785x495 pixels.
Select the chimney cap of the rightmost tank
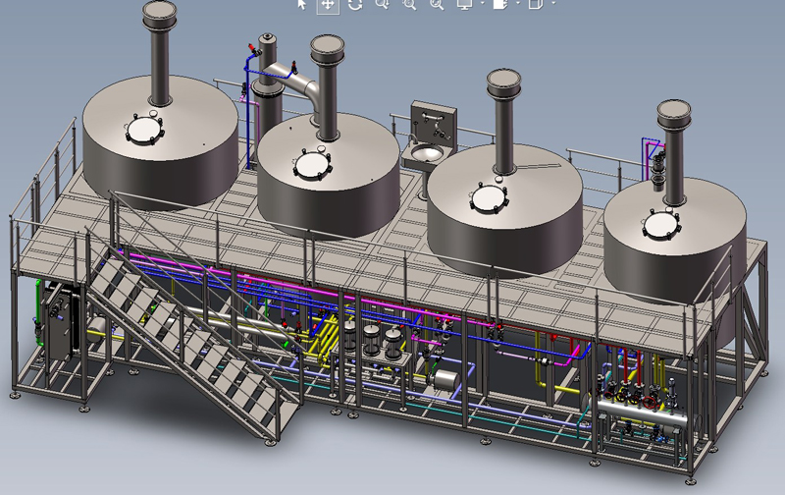pyautogui.click(x=676, y=110)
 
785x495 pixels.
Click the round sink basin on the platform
pyautogui.click(x=426, y=153)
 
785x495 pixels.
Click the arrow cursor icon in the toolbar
pyautogui.click(x=302, y=5)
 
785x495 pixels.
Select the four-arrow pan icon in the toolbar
pyautogui.click(x=328, y=5)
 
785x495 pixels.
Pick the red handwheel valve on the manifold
pyautogui.click(x=651, y=403)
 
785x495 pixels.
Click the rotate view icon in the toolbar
pyautogui.click(x=354, y=5)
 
